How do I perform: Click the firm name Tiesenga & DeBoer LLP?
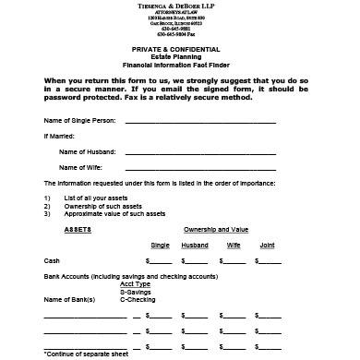coord(180,8)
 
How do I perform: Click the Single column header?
coord(160,245)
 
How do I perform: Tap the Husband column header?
coord(195,245)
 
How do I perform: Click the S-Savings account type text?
coord(136,292)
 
